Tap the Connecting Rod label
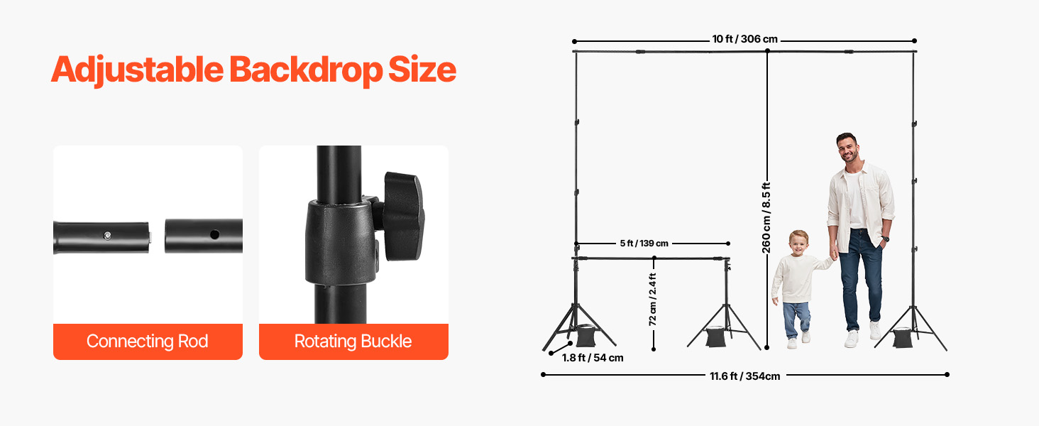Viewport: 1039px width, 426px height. point(148,342)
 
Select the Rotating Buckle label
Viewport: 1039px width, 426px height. point(353,342)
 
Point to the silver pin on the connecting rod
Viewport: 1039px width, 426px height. point(106,235)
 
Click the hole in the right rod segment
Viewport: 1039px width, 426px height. point(213,234)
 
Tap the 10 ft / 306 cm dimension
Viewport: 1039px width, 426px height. point(744,40)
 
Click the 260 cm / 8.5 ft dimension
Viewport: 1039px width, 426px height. point(766,217)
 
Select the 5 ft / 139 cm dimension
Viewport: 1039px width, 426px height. point(644,243)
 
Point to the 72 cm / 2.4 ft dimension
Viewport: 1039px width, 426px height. point(653,300)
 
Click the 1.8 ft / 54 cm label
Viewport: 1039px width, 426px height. point(593,358)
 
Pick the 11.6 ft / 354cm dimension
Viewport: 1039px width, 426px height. point(744,376)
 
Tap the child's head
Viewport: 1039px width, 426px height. point(798,243)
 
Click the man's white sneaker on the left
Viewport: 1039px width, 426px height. point(852,339)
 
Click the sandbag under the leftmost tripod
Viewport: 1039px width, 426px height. point(588,335)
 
